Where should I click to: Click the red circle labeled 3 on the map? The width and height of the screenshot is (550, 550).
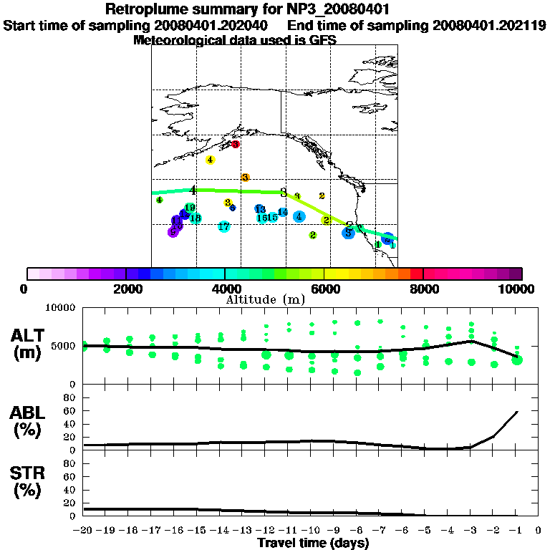tap(235, 145)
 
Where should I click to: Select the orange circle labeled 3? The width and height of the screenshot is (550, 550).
tap(245, 178)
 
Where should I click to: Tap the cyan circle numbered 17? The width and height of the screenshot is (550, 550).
tap(224, 226)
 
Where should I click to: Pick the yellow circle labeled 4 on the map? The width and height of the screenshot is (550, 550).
tap(211, 160)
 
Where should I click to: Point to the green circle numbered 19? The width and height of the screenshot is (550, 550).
tap(190, 208)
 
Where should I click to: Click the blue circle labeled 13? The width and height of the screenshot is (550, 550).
tap(260, 209)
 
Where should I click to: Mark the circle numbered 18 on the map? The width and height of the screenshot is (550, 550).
tap(195, 218)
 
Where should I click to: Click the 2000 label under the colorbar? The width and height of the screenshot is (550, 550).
tap(125, 289)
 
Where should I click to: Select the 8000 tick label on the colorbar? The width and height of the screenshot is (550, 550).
tap(423, 289)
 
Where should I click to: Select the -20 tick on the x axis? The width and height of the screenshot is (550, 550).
tap(84, 531)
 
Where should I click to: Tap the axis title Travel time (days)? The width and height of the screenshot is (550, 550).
tap(314, 544)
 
